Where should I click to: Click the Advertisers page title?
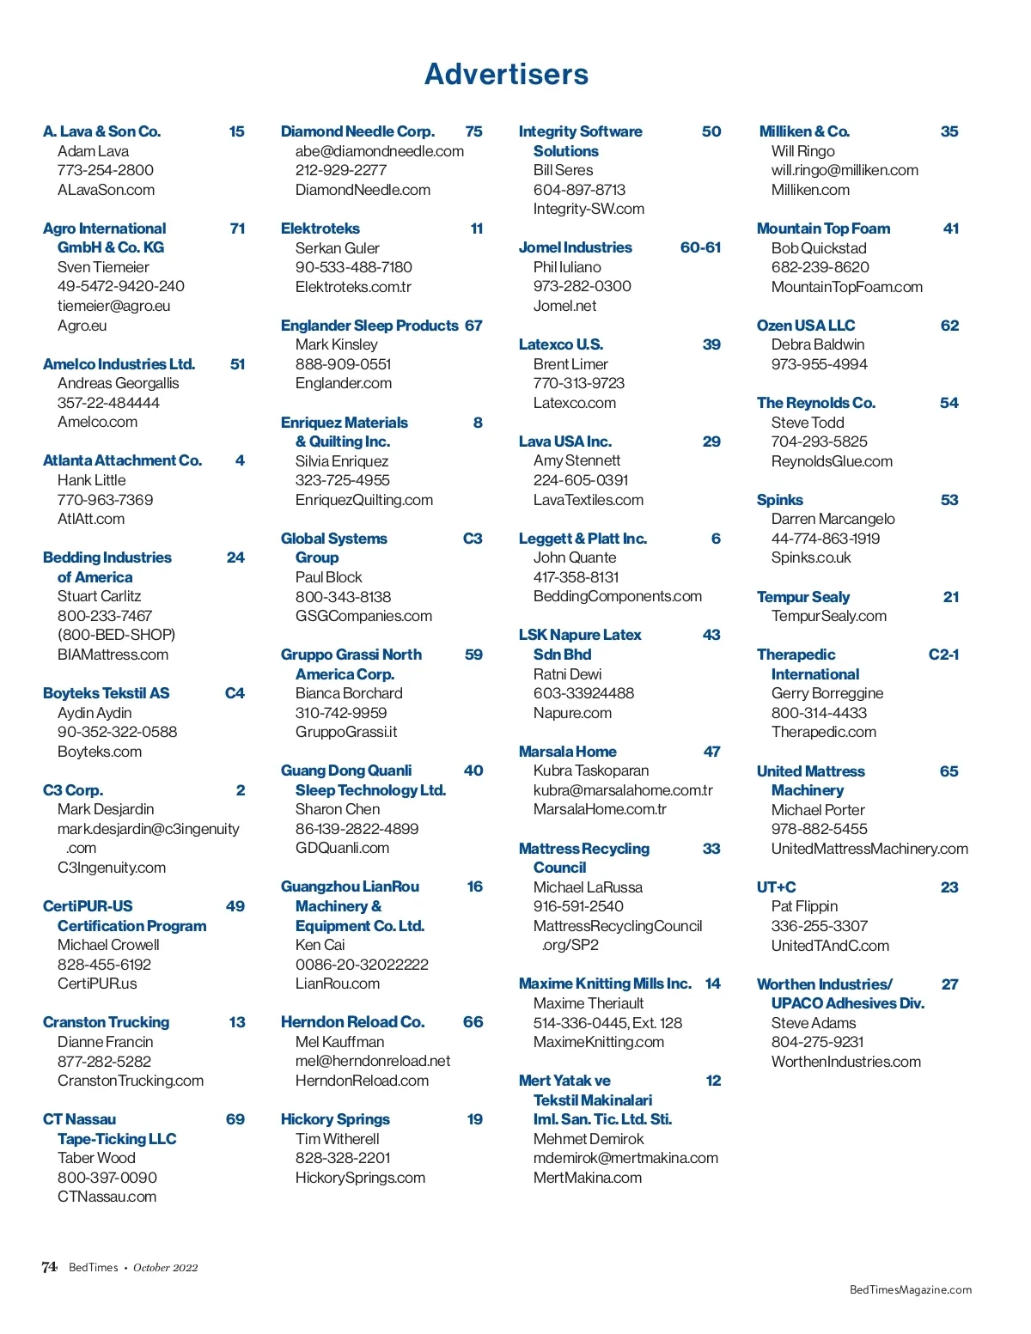pyautogui.click(x=507, y=75)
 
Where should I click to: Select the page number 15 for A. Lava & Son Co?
pyautogui.click(x=236, y=131)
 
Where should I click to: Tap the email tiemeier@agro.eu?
pyautogui.click(x=113, y=306)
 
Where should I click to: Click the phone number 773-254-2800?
pyautogui.click(x=105, y=170)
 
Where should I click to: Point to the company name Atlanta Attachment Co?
pyautogui.click(x=122, y=460)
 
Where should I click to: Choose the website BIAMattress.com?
pyautogui.click(x=113, y=655)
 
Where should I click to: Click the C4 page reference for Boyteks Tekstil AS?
pyautogui.click(x=235, y=693)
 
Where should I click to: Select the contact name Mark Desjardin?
pyautogui.click(x=106, y=809)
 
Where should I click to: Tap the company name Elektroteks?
pyautogui.click(x=320, y=228)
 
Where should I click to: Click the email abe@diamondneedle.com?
pyautogui.click(x=379, y=151)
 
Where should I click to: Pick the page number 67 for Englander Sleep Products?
pyautogui.click(x=473, y=326)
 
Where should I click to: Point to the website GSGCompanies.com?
pyautogui.click(x=363, y=616)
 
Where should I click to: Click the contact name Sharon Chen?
pyautogui.click(x=338, y=809)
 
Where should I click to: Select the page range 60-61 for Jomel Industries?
pyautogui.click(x=700, y=247)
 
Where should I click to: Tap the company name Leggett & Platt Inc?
pyautogui.click(x=583, y=539)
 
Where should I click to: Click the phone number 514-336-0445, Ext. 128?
pyautogui.click(x=607, y=1023)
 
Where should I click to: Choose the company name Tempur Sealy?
pyautogui.click(x=802, y=597)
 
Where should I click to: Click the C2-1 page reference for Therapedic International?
pyautogui.click(x=943, y=655)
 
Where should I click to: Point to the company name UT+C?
pyautogui.click(x=776, y=887)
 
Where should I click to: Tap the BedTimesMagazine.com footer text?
pyautogui.click(x=910, y=1289)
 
